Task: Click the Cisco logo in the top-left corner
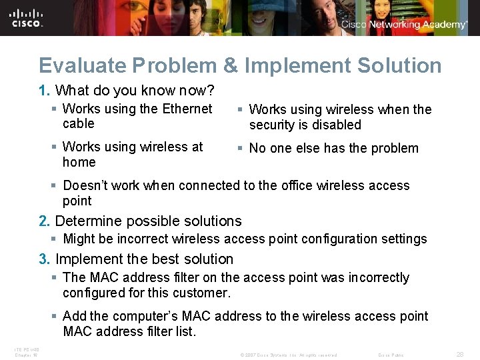tap(27, 17)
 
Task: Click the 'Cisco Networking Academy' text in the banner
tap(404, 25)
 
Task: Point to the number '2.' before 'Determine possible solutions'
tap(45, 221)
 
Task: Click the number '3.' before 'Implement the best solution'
tap(45, 259)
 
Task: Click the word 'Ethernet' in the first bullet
tap(187, 109)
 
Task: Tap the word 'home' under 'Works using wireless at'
tap(79, 162)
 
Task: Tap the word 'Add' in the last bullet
tap(75, 316)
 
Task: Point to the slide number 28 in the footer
tap(459, 355)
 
